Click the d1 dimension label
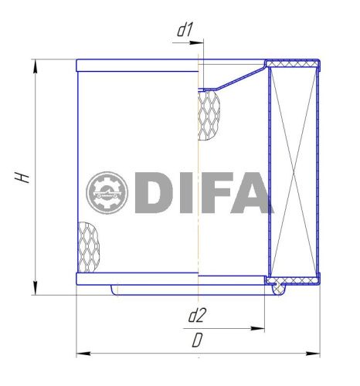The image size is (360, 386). point(185,32)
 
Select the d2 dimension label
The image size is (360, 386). point(197,315)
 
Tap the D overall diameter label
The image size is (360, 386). point(198,340)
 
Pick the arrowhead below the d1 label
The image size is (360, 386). point(194,44)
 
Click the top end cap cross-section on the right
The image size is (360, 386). point(292,63)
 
